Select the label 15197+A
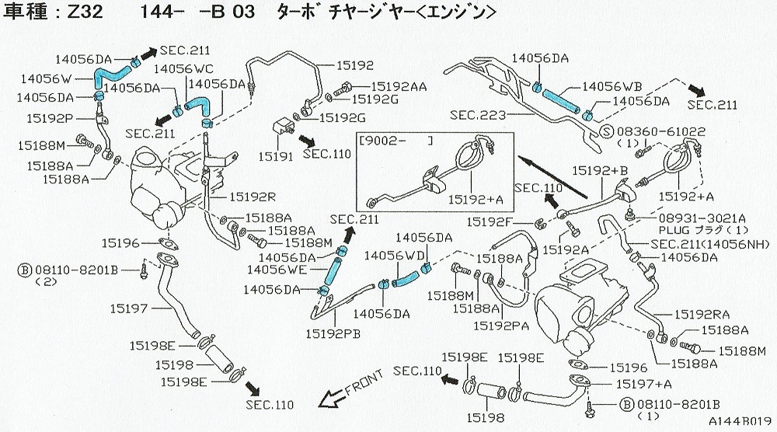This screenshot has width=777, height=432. click(643, 384)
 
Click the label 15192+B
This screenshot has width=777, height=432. click(599, 170)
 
